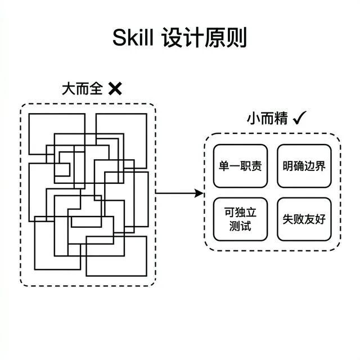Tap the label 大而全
(82, 88)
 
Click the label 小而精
(267, 119)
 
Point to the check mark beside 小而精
(299, 118)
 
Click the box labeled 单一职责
(240, 166)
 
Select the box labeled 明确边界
(304, 166)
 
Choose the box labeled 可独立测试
(240, 219)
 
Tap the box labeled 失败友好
(304, 219)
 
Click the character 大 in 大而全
(68, 88)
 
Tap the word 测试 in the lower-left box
(240, 226)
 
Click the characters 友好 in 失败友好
(315, 219)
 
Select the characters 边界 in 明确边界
(315, 166)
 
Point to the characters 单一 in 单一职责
(229, 166)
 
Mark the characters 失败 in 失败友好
(293, 219)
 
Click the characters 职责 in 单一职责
(251, 166)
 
